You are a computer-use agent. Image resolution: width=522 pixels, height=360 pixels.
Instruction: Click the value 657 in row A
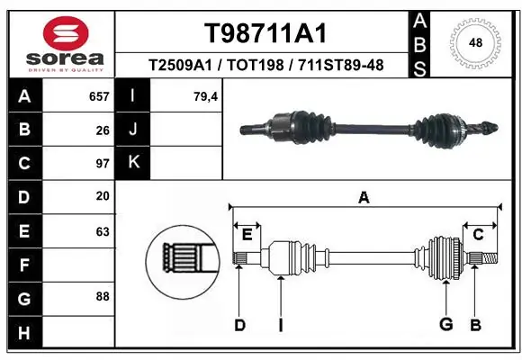click(x=98, y=96)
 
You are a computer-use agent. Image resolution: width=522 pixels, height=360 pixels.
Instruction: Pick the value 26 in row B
click(x=102, y=130)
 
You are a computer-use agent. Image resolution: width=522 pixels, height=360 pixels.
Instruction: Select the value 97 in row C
click(x=102, y=164)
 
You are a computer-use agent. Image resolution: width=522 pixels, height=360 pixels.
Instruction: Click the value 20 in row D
click(x=102, y=196)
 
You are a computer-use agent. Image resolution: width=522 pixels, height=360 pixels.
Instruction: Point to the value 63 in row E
click(x=102, y=230)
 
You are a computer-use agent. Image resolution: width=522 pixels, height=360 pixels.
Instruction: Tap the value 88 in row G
click(x=102, y=296)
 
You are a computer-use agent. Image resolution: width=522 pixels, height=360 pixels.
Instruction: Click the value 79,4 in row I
click(x=206, y=96)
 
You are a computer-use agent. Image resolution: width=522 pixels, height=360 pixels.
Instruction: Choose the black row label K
click(x=134, y=163)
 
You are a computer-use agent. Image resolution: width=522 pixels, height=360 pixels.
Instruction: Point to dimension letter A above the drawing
click(x=364, y=197)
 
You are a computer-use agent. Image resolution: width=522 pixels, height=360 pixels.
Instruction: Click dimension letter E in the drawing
click(x=246, y=235)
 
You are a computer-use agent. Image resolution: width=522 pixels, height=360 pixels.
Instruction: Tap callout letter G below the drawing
click(x=445, y=324)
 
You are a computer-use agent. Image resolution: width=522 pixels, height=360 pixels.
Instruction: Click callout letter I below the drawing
click(x=280, y=324)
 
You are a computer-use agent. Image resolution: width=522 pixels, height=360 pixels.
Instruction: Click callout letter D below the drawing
click(x=239, y=324)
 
